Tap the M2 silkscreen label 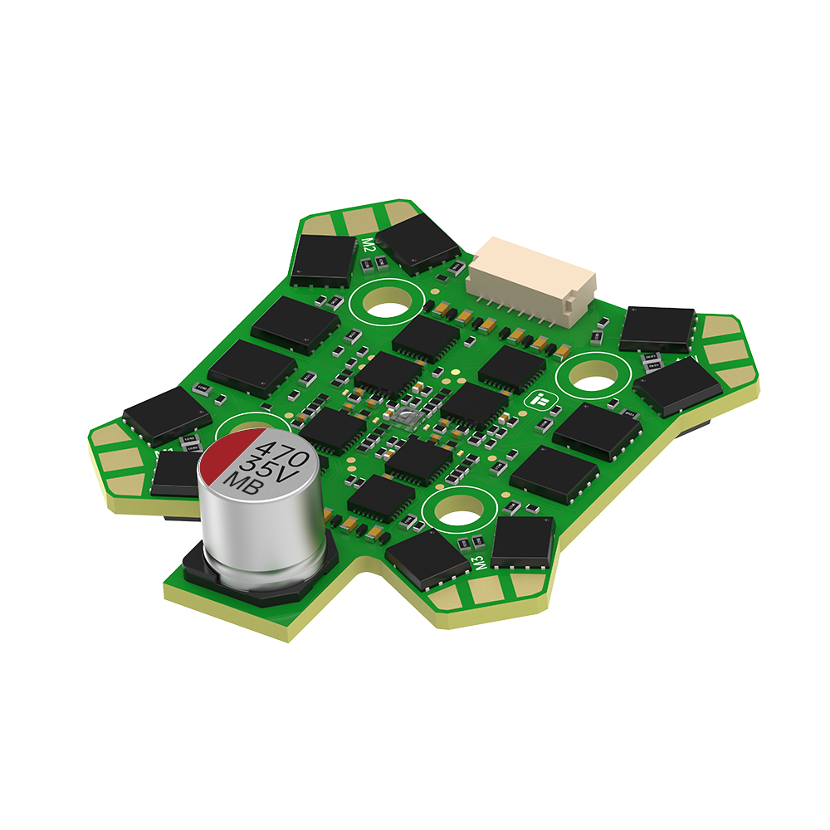[369, 245]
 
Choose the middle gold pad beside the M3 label [481, 593]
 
